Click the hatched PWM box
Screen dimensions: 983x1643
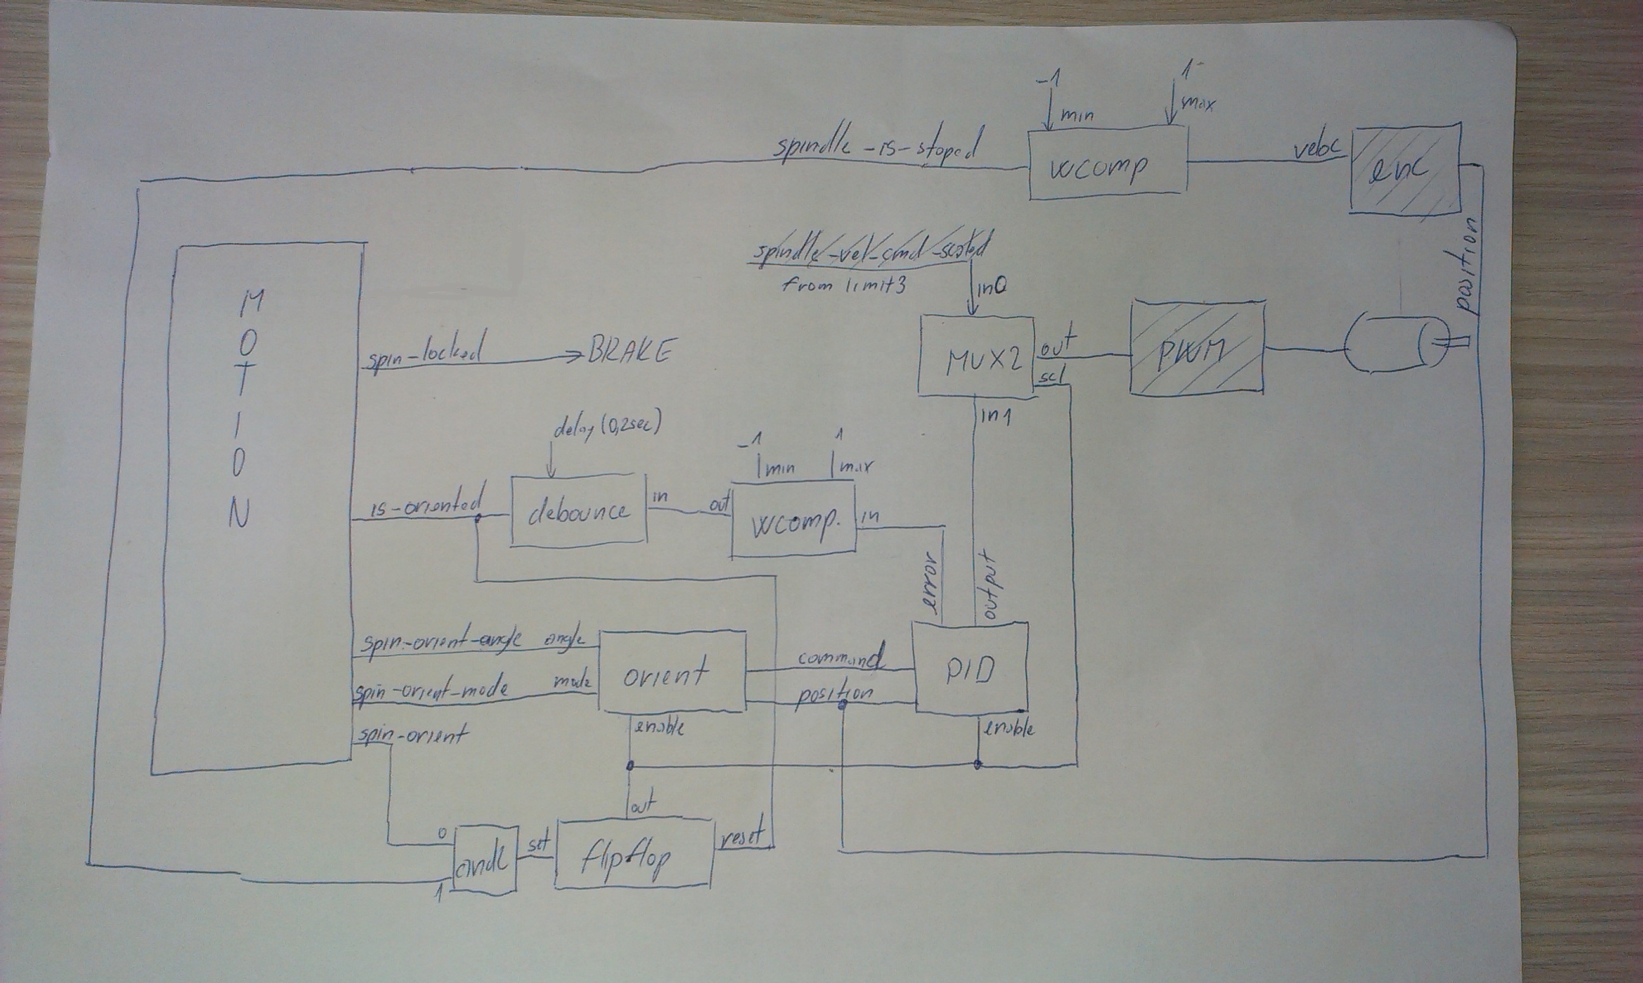pos(1197,347)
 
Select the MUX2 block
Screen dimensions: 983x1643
pos(976,357)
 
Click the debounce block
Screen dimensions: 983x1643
pos(578,511)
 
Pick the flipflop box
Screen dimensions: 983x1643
pos(634,855)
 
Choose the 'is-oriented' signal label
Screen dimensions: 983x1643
pos(427,507)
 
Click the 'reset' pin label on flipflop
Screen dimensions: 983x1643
pos(741,837)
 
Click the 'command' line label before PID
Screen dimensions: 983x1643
pos(841,658)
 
